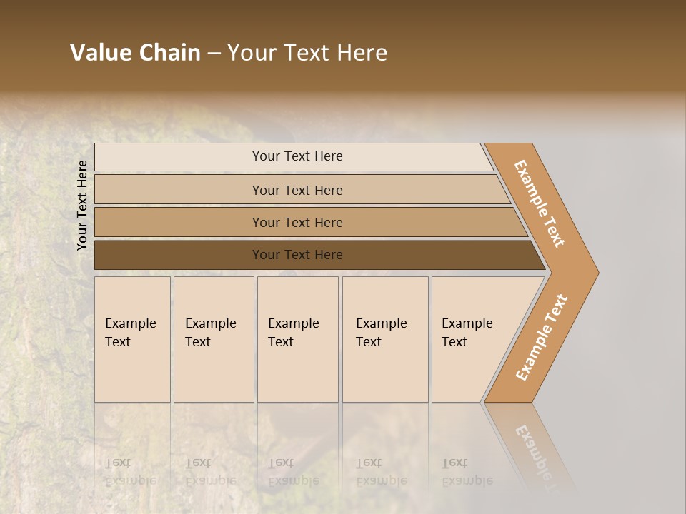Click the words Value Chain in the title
click(x=135, y=53)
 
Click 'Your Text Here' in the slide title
click(x=307, y=53)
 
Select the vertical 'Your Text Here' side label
click(x=83, y=205)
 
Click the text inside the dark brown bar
click(x=297, y=255)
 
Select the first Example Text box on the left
click(x=132, y=339)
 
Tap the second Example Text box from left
click(x=214, y=339)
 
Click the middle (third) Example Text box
click(x=297, y=339)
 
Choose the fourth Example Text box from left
click(x=385, y=339)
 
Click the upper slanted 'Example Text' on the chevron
click(x=540, y=203)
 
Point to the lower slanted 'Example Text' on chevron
click(x=542, y=337)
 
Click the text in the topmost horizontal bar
click(x=297, y=156)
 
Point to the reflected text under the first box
click(x=130, y=471)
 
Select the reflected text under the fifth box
click(x=467, y=471)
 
